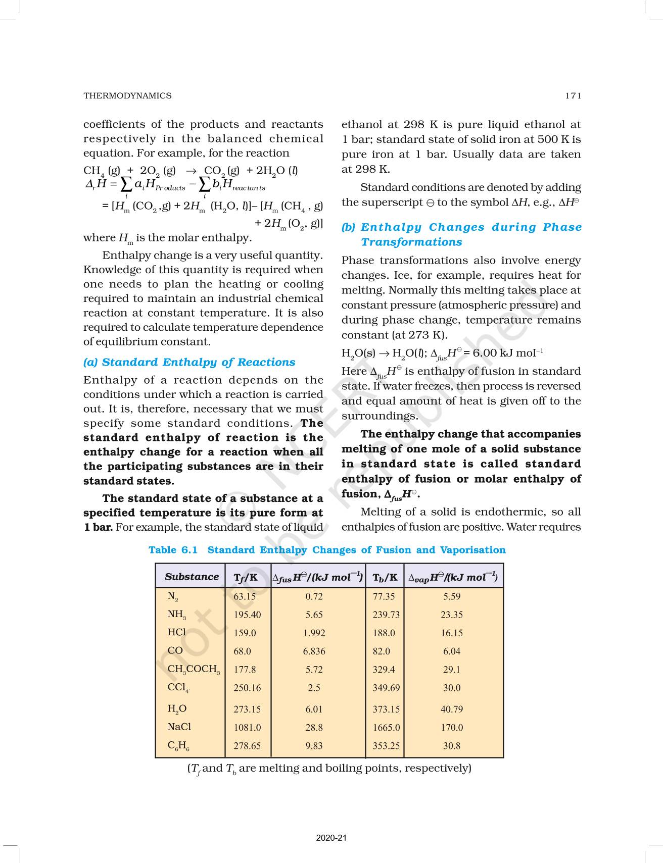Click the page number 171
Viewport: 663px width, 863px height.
click(x=573, y=95)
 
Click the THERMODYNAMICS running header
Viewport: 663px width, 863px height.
click(x=127, y=95)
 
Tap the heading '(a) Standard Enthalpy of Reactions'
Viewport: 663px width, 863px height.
click(x=189, y=362)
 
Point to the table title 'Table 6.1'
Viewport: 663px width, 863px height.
click(x=173, y=550)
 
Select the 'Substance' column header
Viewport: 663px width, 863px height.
click(x=192, y=577)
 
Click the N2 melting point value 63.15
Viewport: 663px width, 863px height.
click(x=245, y=596)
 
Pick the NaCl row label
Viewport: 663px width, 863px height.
click(x=179, y=727)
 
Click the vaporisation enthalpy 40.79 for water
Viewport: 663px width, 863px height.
click(x=451, y=709)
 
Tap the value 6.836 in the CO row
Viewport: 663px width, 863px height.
click(x=314, y=651)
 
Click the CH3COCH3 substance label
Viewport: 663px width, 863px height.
click(x=194, y=669)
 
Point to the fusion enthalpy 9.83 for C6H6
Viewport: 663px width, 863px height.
click(x=314, y=745)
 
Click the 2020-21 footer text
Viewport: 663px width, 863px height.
click(x=331, y=838)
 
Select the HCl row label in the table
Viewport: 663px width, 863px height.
click(x=176, y=632)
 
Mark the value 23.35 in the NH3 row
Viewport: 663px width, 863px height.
click(x=451, y=615)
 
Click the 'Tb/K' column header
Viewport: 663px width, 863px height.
click(x=385, y=577)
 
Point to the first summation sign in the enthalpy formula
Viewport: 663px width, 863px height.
click(x=126, y=185)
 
